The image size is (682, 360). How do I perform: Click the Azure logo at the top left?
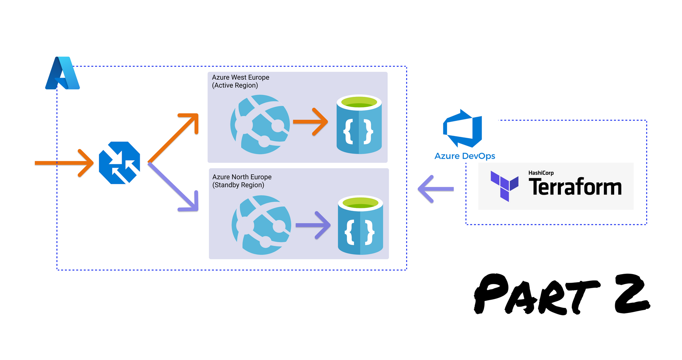pyautogui.click(x=63, y=74)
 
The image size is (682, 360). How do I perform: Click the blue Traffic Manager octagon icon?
pyautogui.click(x=119, y=163)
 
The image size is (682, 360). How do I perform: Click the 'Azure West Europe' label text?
pyautogui.click(x=240, y=77)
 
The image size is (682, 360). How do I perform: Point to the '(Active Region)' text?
pyautogui.click(x=235, y=85)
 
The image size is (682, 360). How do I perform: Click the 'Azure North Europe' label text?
pyautogui.click(x=242, y=177)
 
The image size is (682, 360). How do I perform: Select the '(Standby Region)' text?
pyautogui.click(x=238, y=185)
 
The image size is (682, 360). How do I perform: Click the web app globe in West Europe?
pyautogui.click(x=260, y=124)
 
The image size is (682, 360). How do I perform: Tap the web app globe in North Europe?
pyautogui.click(x=261, y=225)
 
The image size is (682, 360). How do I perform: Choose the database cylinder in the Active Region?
pyautogui.click(x=359, y=124)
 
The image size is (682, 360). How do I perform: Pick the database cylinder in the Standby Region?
pyautogui.click(x=360, y=225)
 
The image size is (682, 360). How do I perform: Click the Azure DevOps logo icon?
pyautogui.click(x=463, y=129)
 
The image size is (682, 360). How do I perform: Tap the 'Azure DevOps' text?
pyautogui.click(x=464, y=156)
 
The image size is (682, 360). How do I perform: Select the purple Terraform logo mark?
pyautogui.click(x=504, y=186)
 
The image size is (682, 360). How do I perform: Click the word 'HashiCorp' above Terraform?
pyautogui.click(x=541, y=173)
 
